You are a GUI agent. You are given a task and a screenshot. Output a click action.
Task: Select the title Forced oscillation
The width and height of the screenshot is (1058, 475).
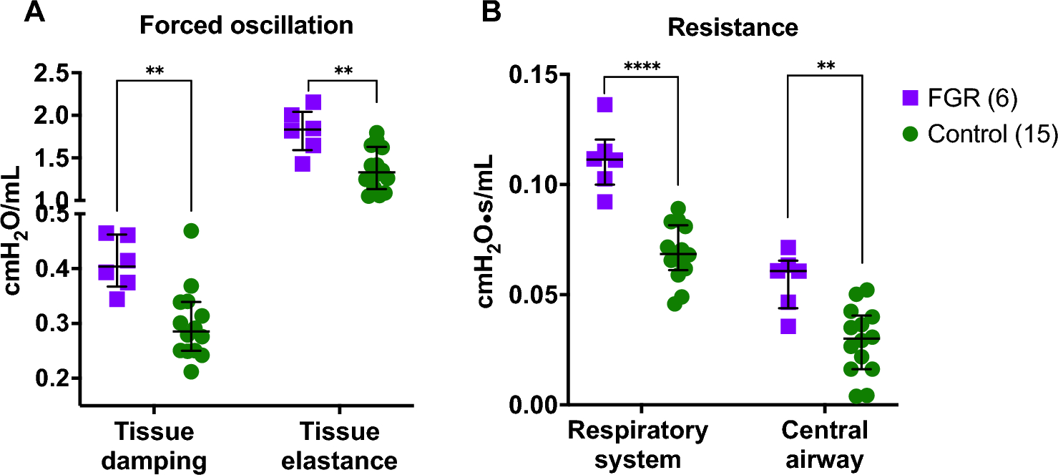click(x=246, y=26)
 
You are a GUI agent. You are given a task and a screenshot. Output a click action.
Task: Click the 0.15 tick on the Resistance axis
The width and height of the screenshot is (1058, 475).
click(x=534, y=74)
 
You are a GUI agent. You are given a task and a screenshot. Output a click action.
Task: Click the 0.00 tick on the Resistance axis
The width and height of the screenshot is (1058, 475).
click(x=534, y=405)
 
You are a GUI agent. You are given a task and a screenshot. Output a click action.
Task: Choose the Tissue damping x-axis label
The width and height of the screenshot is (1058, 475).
click(x=154, y=446)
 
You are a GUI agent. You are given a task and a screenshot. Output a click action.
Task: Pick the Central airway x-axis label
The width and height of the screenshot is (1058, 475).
click(x=824, y=444)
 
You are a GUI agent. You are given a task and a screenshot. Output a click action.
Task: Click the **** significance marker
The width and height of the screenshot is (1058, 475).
click(x=642, y=67)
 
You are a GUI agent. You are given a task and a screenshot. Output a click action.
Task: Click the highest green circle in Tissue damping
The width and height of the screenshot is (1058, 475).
click(x=191, y=230)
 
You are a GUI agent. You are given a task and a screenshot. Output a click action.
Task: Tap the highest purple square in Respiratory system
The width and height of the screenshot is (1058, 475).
click(x=605, y=105)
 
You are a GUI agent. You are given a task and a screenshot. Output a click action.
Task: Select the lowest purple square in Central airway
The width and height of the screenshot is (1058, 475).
click(x=788, y=326)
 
